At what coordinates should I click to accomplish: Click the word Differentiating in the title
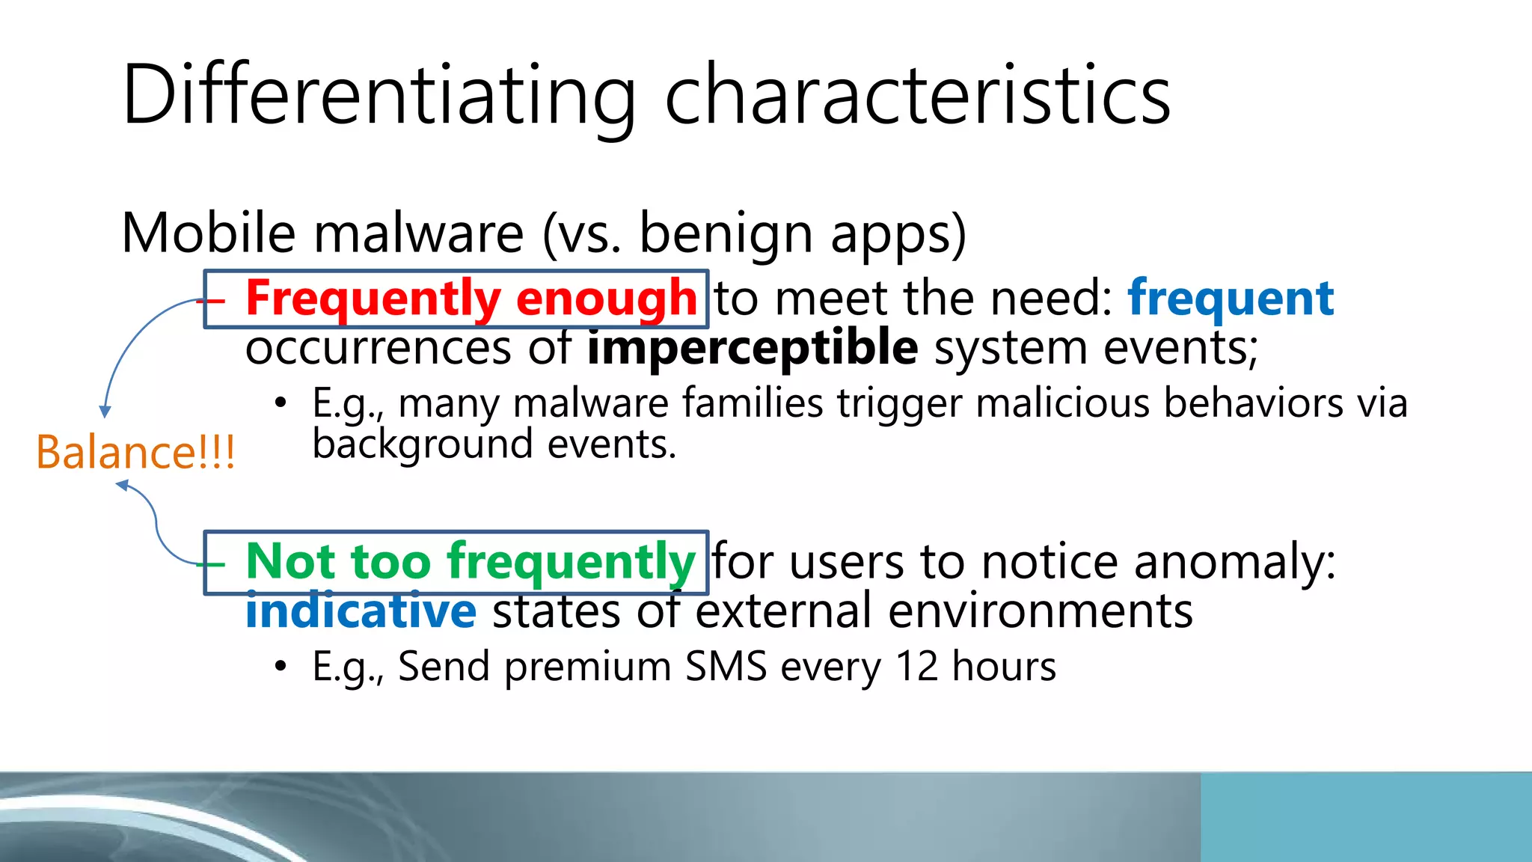click(378, 96)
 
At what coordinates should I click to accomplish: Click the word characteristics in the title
click(917, 96)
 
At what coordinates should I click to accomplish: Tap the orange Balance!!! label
click(135, 453)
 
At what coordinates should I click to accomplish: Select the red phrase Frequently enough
click(471, 299)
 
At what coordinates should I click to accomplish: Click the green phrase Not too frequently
click(471, 561)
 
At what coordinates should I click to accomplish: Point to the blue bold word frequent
click(1231, 299)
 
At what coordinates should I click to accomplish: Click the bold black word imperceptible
click(753, 347)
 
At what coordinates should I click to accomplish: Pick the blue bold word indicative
click(361, 611)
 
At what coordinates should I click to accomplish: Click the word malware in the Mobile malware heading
click(419, 233)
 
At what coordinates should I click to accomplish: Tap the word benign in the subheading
click(726, 233)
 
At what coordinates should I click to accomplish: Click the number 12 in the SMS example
click(916, 666)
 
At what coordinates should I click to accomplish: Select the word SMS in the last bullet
click(726, 666)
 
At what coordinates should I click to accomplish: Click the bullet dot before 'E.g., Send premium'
click(281, 665)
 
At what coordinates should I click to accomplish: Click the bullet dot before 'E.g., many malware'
click(281, 403)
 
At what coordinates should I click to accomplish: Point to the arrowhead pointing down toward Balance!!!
click(105, 412)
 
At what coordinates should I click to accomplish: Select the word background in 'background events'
click(423, 444)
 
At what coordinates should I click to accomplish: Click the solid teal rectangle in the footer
click(1365, 817)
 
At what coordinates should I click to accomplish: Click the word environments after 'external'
click(1040, 611)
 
